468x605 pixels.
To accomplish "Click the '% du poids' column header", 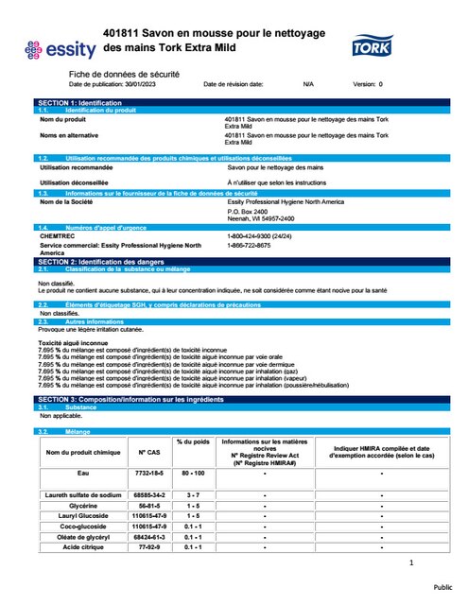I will tap(192, 442).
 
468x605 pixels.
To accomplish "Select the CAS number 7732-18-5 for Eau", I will tap(147, 472).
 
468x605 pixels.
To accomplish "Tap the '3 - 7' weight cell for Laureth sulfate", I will tap(192, 494).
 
